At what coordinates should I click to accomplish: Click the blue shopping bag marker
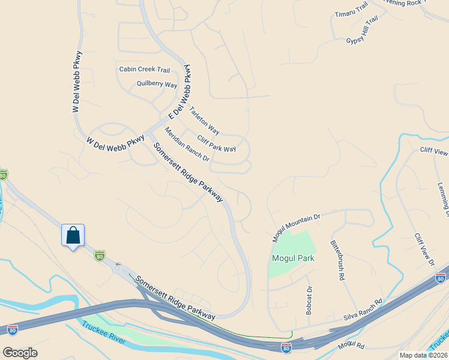[73, 235]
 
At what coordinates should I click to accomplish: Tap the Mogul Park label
[293, 259]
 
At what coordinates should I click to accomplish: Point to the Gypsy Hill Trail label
[363, 30]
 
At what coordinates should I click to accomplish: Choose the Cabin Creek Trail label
[145, 70]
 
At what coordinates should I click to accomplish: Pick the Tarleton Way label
[205, 120]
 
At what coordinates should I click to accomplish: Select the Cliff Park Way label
[216, 143]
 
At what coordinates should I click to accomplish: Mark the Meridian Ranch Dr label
[187, 145]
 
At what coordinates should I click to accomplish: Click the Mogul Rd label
[351, 346]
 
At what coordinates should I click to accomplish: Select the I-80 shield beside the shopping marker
[100, 256]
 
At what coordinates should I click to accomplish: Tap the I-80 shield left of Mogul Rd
[287, 347]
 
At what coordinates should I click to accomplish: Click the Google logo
[20, 353]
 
